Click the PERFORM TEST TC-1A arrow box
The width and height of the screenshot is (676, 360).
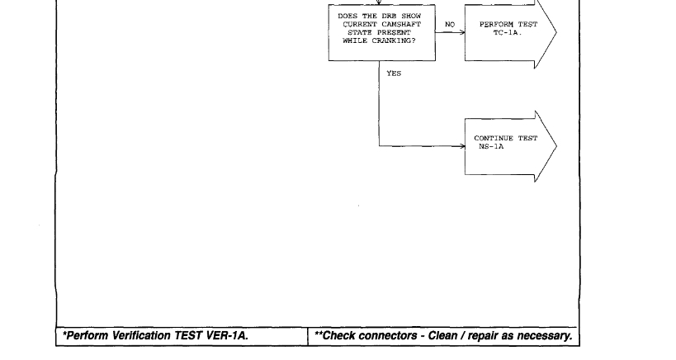point(508,32)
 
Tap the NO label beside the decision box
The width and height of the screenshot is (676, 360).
point(450,25)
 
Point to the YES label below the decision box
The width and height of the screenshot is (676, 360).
point(394,73)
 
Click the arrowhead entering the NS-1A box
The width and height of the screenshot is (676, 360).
point(461,147)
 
